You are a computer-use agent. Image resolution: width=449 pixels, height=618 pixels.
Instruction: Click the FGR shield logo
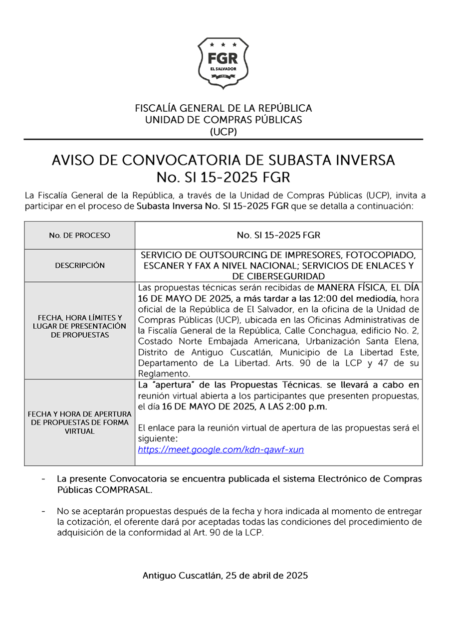[223, 62]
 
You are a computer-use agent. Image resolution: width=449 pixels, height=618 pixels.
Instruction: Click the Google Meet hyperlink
[221, 449]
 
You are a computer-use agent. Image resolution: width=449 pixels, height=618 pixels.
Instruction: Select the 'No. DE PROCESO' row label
[79, 235]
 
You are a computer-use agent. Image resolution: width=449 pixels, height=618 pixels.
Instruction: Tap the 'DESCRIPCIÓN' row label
[79, 265]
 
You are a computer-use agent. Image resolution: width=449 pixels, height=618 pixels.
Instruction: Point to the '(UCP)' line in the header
[223, 132]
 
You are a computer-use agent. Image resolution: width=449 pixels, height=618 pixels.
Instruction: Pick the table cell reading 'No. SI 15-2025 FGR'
[278, 235]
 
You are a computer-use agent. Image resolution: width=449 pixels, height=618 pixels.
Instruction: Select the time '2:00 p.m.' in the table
[310, 407]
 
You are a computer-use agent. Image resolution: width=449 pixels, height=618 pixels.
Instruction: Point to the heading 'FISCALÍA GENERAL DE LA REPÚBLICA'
[223, 108]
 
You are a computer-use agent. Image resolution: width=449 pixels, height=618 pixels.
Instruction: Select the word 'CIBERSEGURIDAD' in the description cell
[278, 276]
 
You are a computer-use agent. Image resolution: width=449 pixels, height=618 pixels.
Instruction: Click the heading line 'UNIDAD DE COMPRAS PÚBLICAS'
[223, 120]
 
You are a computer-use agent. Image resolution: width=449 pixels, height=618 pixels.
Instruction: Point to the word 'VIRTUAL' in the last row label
[79, 431]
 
